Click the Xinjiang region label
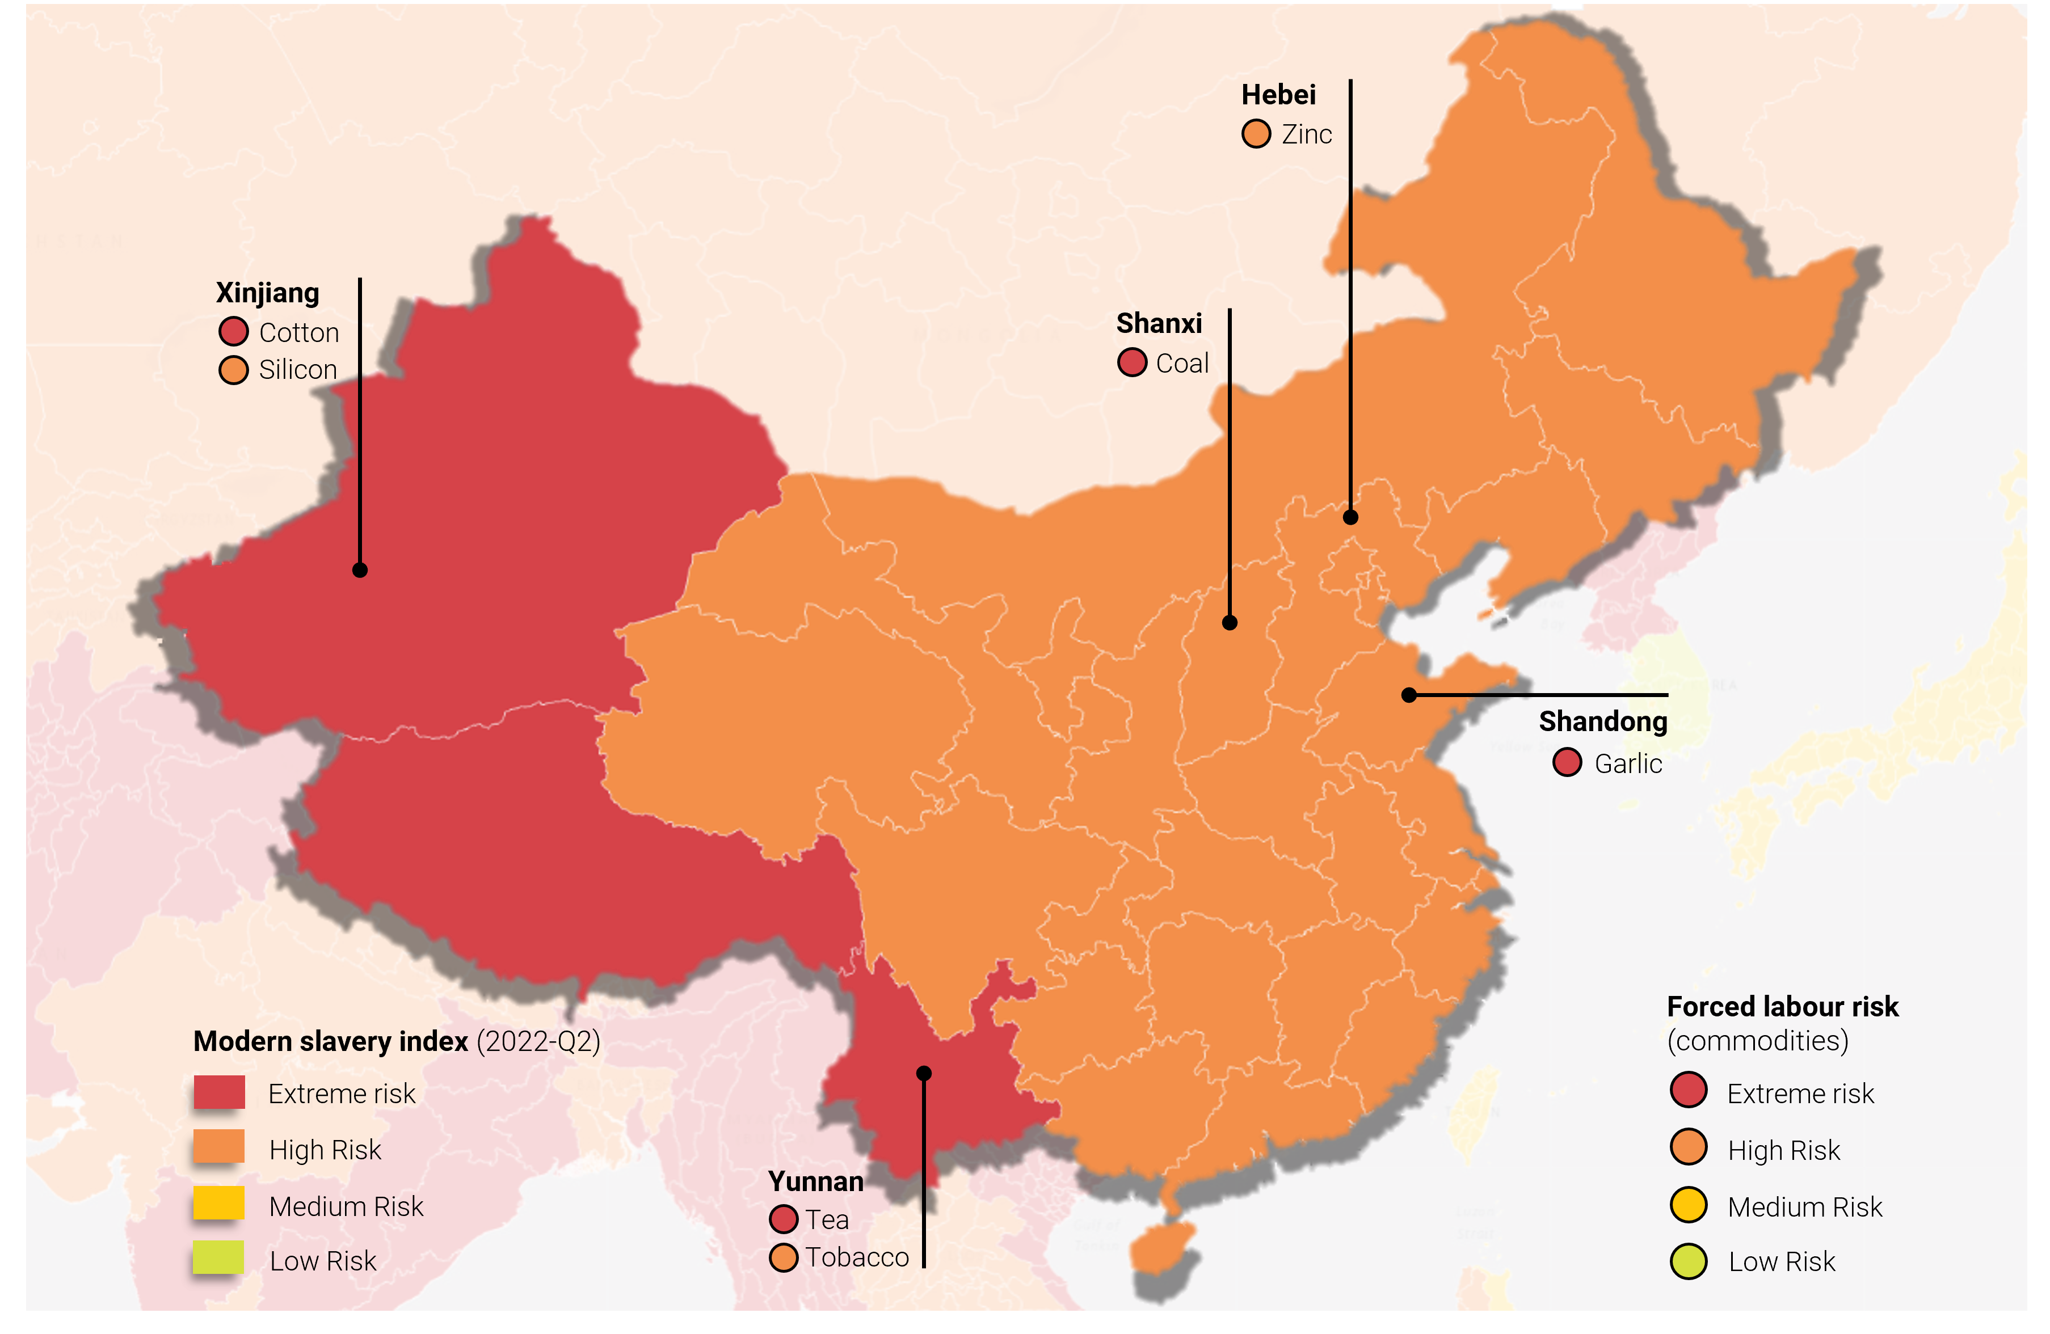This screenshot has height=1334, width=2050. pyautogui.click(x=267, y=293)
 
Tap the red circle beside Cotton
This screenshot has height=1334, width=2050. pyautogui.click(x=233, y=332)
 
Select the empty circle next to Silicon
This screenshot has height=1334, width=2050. pyautogui.click(x=233, y=369)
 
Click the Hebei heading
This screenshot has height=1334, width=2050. pyautogui.click(x=1278, y=95)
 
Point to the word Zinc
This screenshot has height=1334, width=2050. pyautogui.click(x=1307, y=134)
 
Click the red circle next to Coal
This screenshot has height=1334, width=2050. pyautogui.click(x=1132, y=362)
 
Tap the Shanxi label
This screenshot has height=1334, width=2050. pyautogui.click(x=1159, y=323)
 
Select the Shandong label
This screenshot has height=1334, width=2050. pyautogui.click(x=1603, y=721)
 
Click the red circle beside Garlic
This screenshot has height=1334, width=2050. pyautogui.click(x=1567, y=762)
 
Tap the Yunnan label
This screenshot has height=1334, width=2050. pyautogui.click(x=816, y=1181)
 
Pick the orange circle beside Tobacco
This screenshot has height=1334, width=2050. pyautogui.click(x=783, y=1257)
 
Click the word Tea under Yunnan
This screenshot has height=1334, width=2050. pyautogui.click(x=827, y=1219)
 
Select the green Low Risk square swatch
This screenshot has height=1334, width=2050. pyautogui.click(x=219, y=1257)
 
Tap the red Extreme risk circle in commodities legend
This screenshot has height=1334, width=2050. pyautogui.click(x=1688, y=1090)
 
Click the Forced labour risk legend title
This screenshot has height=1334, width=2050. pyautogui.click(x=1782, y=1006)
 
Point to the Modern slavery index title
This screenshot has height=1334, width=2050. pyautogui.click(x=331, y=1041)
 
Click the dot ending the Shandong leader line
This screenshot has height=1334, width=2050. pyautogui.click(x=1409, y=695)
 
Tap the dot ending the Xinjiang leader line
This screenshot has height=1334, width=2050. pyautogui.click(x=360, y=570)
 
